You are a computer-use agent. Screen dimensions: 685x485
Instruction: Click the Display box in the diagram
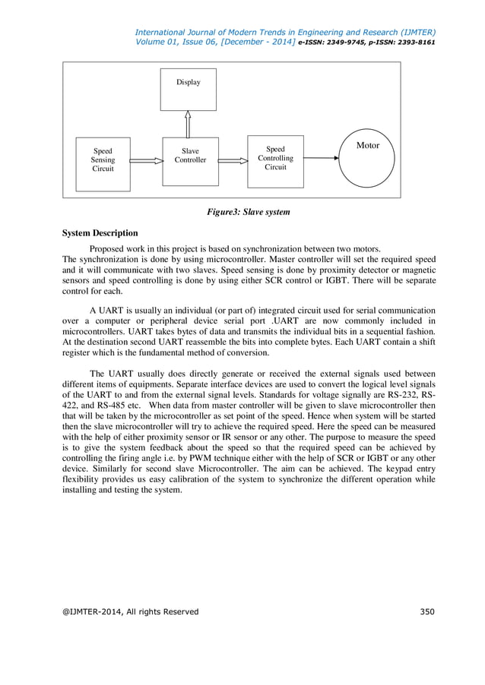point(188,88)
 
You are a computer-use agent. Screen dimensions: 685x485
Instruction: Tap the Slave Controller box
point(190,160)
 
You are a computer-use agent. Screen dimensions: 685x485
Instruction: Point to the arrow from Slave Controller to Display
point(189,124)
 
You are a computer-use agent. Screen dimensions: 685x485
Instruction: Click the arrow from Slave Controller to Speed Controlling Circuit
point(233,161)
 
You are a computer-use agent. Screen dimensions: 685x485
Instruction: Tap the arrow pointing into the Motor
point(320,159)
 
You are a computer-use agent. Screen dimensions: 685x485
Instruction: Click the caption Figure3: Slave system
point(249,212)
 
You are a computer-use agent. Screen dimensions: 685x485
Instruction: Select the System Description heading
point(100,233)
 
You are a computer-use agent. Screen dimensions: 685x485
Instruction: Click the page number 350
point(428,611)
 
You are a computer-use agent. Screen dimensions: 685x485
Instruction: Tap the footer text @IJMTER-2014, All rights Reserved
point(130,611)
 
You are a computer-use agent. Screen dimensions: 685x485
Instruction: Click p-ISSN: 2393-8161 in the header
point(403,43)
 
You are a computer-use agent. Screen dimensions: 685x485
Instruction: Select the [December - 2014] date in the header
point(256,43)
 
